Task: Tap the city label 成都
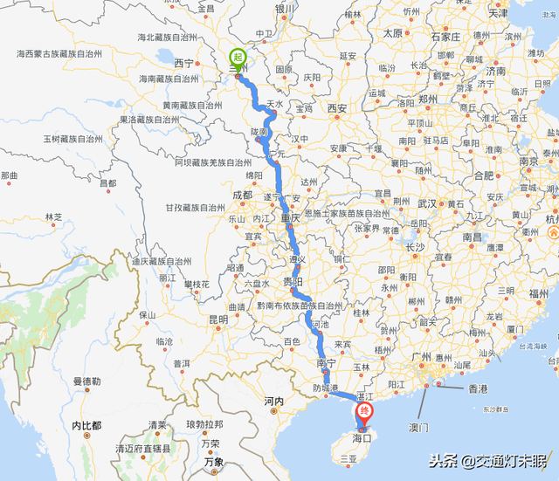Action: point(241,195)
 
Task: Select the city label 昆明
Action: point(217,320)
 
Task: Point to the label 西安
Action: point(338,108)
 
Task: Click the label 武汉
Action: point(426,203)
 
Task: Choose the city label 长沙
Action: point(415,247)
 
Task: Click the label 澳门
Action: point(419,428)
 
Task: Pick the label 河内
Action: point(273,402)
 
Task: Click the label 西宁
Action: point(183,63)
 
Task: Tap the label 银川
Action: point(286,10)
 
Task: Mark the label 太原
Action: point(393,33)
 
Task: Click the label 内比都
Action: point(86,425)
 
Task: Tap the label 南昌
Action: point(473,236)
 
